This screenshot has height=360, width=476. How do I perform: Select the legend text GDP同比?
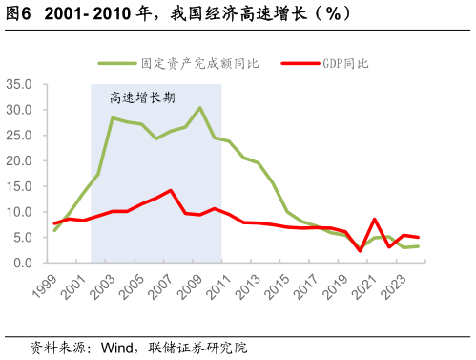[341, 64]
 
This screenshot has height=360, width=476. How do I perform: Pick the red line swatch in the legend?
[300, 64]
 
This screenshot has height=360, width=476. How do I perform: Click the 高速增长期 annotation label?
[142, 96]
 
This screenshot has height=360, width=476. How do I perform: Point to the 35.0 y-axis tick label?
[18, 84]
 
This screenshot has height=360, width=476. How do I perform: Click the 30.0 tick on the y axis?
[18, 110]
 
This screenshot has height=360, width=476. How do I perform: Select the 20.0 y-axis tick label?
[18, 160]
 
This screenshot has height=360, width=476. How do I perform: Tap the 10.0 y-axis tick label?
[18, 211]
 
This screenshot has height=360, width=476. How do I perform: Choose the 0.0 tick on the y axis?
[22, 263]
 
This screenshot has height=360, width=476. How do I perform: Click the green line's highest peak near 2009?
[199, 108]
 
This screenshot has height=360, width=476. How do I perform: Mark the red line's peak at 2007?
[170, 190]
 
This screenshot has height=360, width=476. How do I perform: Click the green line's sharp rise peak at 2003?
[113, 118]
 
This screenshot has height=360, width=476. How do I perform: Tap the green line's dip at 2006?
[156, 138]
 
